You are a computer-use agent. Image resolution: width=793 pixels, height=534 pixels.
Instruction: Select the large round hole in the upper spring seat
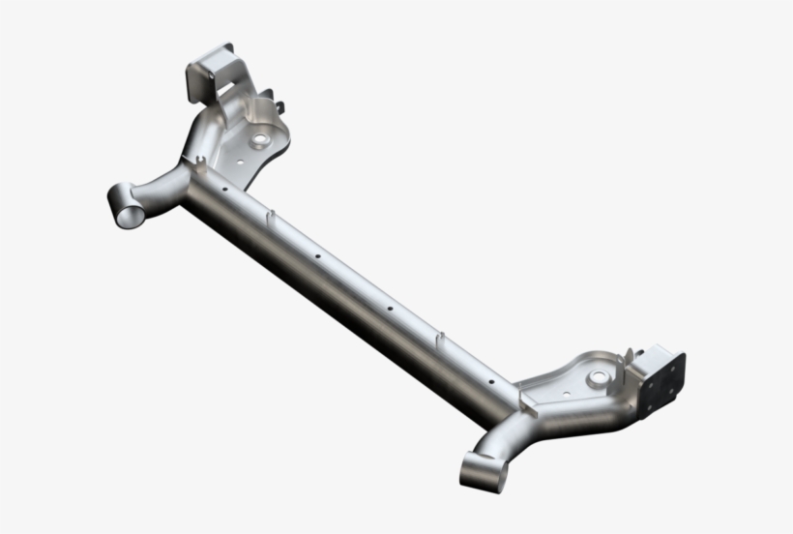point(257,141)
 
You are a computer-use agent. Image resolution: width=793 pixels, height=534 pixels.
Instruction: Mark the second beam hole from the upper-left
point(316,256)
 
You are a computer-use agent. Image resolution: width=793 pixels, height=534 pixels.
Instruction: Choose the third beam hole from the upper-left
point(389,310)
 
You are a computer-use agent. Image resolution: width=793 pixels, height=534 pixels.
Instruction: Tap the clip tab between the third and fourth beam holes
point(441,338)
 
